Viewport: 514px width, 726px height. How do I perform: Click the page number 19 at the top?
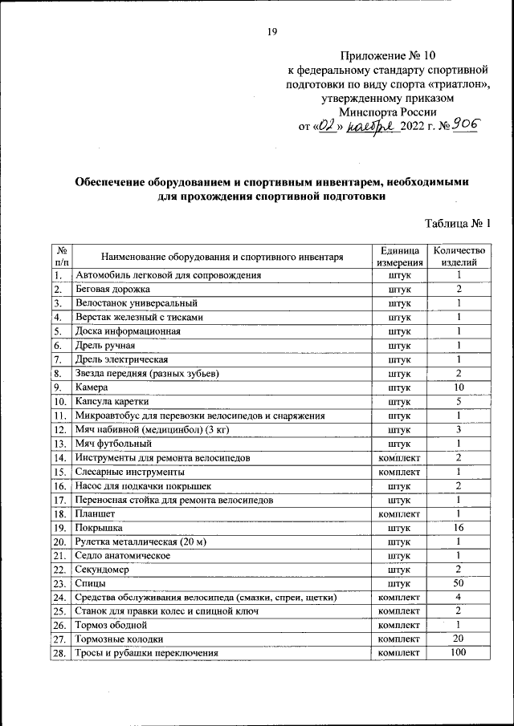(271, 31)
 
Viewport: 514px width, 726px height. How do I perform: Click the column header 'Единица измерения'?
(398, 257)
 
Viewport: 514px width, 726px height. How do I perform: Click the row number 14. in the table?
(59, 458)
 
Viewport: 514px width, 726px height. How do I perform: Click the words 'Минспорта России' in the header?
(388, 112)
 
